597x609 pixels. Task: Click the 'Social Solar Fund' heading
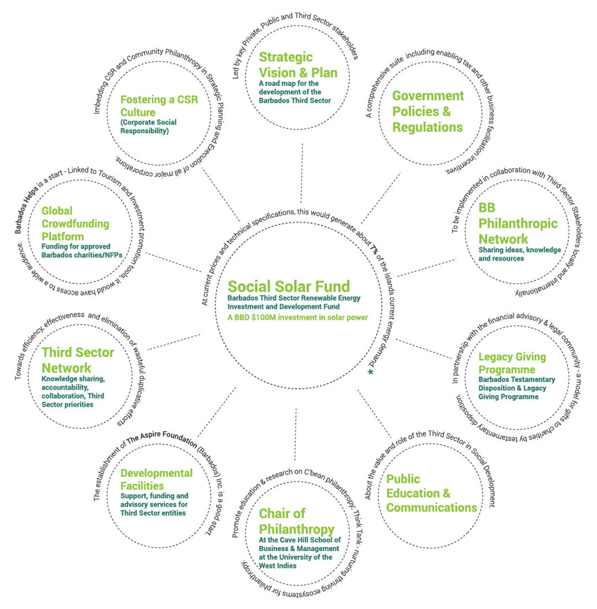[289, 286]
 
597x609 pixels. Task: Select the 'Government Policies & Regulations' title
[428, 111]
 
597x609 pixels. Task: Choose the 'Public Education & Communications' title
[431, 493]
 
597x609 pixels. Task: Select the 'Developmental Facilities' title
[156, 480]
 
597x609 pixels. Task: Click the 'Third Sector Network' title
[77, 360]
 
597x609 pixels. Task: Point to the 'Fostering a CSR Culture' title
[156, 106]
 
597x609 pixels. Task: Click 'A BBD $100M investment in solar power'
[298, 317]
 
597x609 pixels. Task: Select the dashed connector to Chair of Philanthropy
[296, 434]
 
